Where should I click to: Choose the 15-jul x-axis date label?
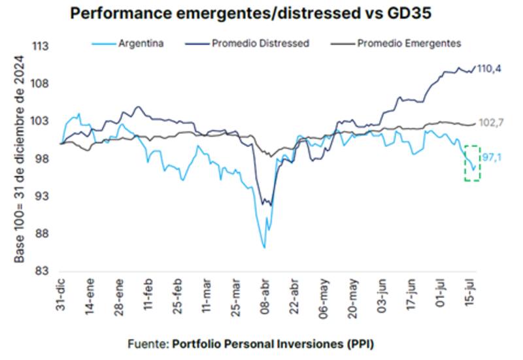[466, 297]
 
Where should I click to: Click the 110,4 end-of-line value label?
[490, 68]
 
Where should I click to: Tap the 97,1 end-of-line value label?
[491, 157]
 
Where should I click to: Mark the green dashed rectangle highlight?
[472, 163]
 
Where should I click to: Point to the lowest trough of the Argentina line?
[264, 248]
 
